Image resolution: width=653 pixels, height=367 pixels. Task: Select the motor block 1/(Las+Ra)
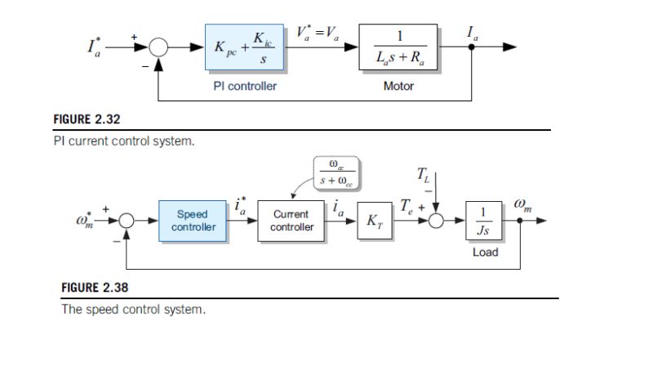(398, 48)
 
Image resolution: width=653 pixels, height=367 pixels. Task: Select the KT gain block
(372, 221)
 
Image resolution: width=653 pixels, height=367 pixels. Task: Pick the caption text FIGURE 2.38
(95, 288)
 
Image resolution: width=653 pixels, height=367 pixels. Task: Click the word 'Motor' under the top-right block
(398, 86)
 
